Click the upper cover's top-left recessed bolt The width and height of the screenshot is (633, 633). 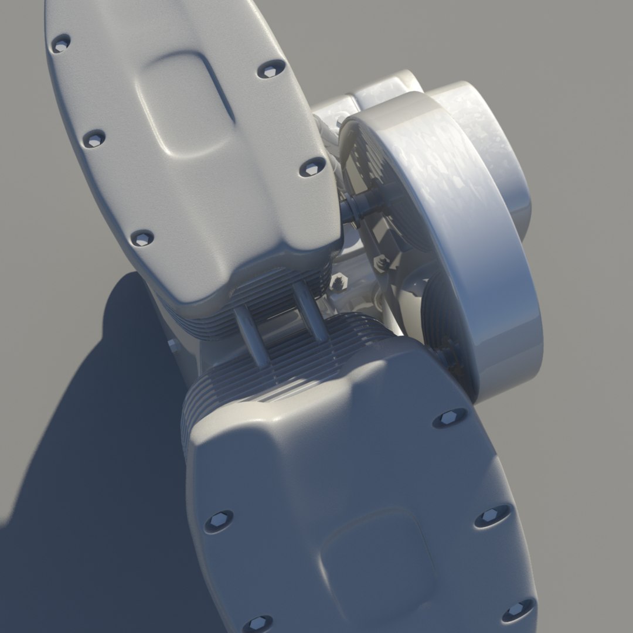point(61,43)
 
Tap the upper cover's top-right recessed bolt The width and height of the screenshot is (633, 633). point(269,70)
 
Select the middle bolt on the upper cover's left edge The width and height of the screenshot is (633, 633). point(93,139)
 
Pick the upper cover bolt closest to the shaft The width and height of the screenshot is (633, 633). point(312,168)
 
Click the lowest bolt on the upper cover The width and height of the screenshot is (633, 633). point(142,238)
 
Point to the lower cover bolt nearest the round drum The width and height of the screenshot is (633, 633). point(450,418)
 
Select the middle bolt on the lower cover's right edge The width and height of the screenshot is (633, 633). point(492,516)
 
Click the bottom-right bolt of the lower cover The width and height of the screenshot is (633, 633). point(518,611)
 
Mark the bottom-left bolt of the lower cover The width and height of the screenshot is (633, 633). point(257,624)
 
